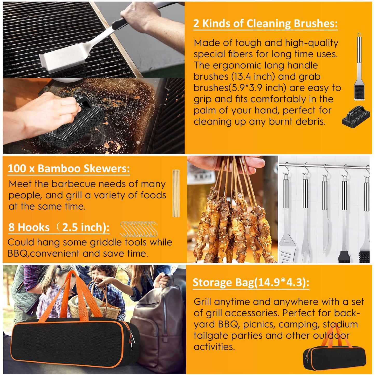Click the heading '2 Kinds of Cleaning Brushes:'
pos(265,24)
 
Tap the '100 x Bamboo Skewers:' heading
pos(69,169)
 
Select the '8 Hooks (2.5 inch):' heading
pos(59,227)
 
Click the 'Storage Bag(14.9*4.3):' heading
pos(251,282)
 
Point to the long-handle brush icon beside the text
pos(359,67)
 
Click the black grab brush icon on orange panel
pos(356,116)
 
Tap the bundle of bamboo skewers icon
pos(176,193)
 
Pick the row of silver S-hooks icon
pos(139,229)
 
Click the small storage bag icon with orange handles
pos(334,356)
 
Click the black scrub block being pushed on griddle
pos(75,125)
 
